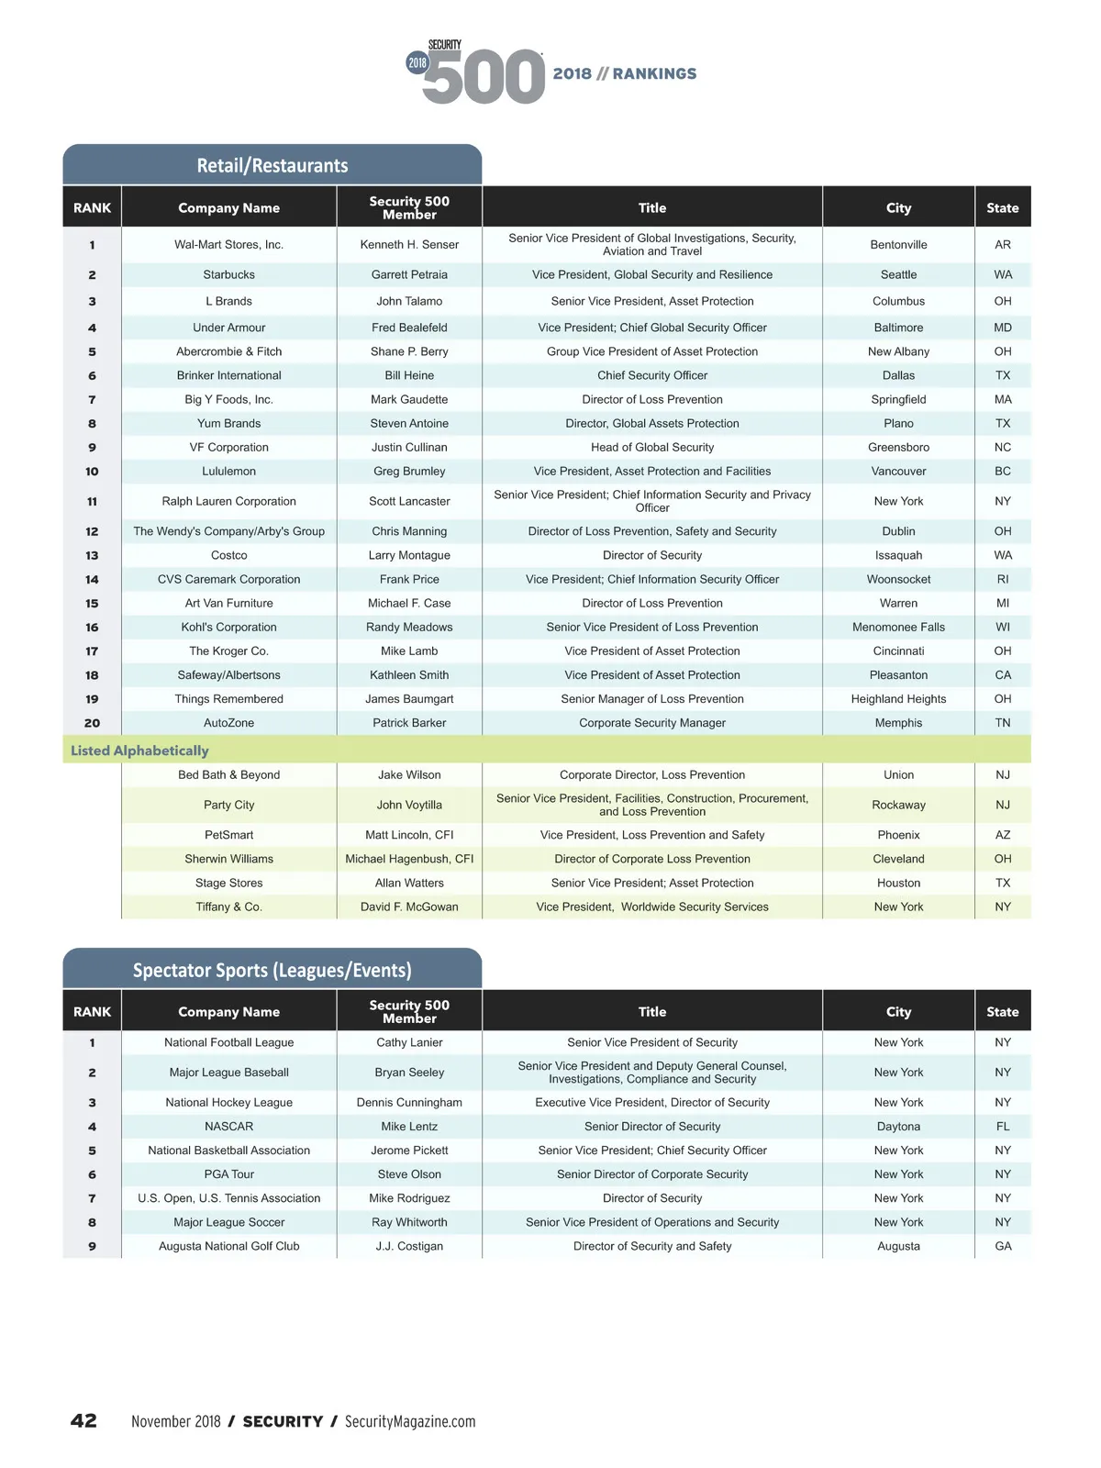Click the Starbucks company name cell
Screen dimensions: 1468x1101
pos(228,274)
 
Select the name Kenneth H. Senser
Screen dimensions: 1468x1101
pos(409,245)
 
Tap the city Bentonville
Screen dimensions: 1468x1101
pos(898,245)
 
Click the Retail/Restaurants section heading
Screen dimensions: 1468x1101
pos(272,166)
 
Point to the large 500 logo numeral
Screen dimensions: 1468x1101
pos(484,77)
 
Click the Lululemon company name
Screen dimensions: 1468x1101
pos(228,472)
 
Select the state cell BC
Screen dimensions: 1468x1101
pos(1003,472)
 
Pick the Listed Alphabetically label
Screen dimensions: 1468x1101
pos(139,751)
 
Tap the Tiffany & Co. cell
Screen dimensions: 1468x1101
pos(228,906)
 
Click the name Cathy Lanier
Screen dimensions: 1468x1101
pos(409,1042)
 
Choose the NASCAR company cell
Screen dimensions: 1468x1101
pos(228,1127)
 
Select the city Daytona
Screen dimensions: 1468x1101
pos(898,1127)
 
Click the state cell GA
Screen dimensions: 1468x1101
pos(1003,1246)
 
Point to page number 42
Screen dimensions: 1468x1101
pos(83,1421)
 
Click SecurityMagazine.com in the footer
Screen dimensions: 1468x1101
pos(410,1421)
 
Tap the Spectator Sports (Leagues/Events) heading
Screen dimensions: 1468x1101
pos(272,971)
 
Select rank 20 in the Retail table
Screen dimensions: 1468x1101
pos(92,723)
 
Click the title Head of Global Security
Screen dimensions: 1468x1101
pos(652,448)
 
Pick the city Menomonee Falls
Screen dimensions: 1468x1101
pos(898,628)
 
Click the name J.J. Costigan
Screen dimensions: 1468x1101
pos(409,1246)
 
